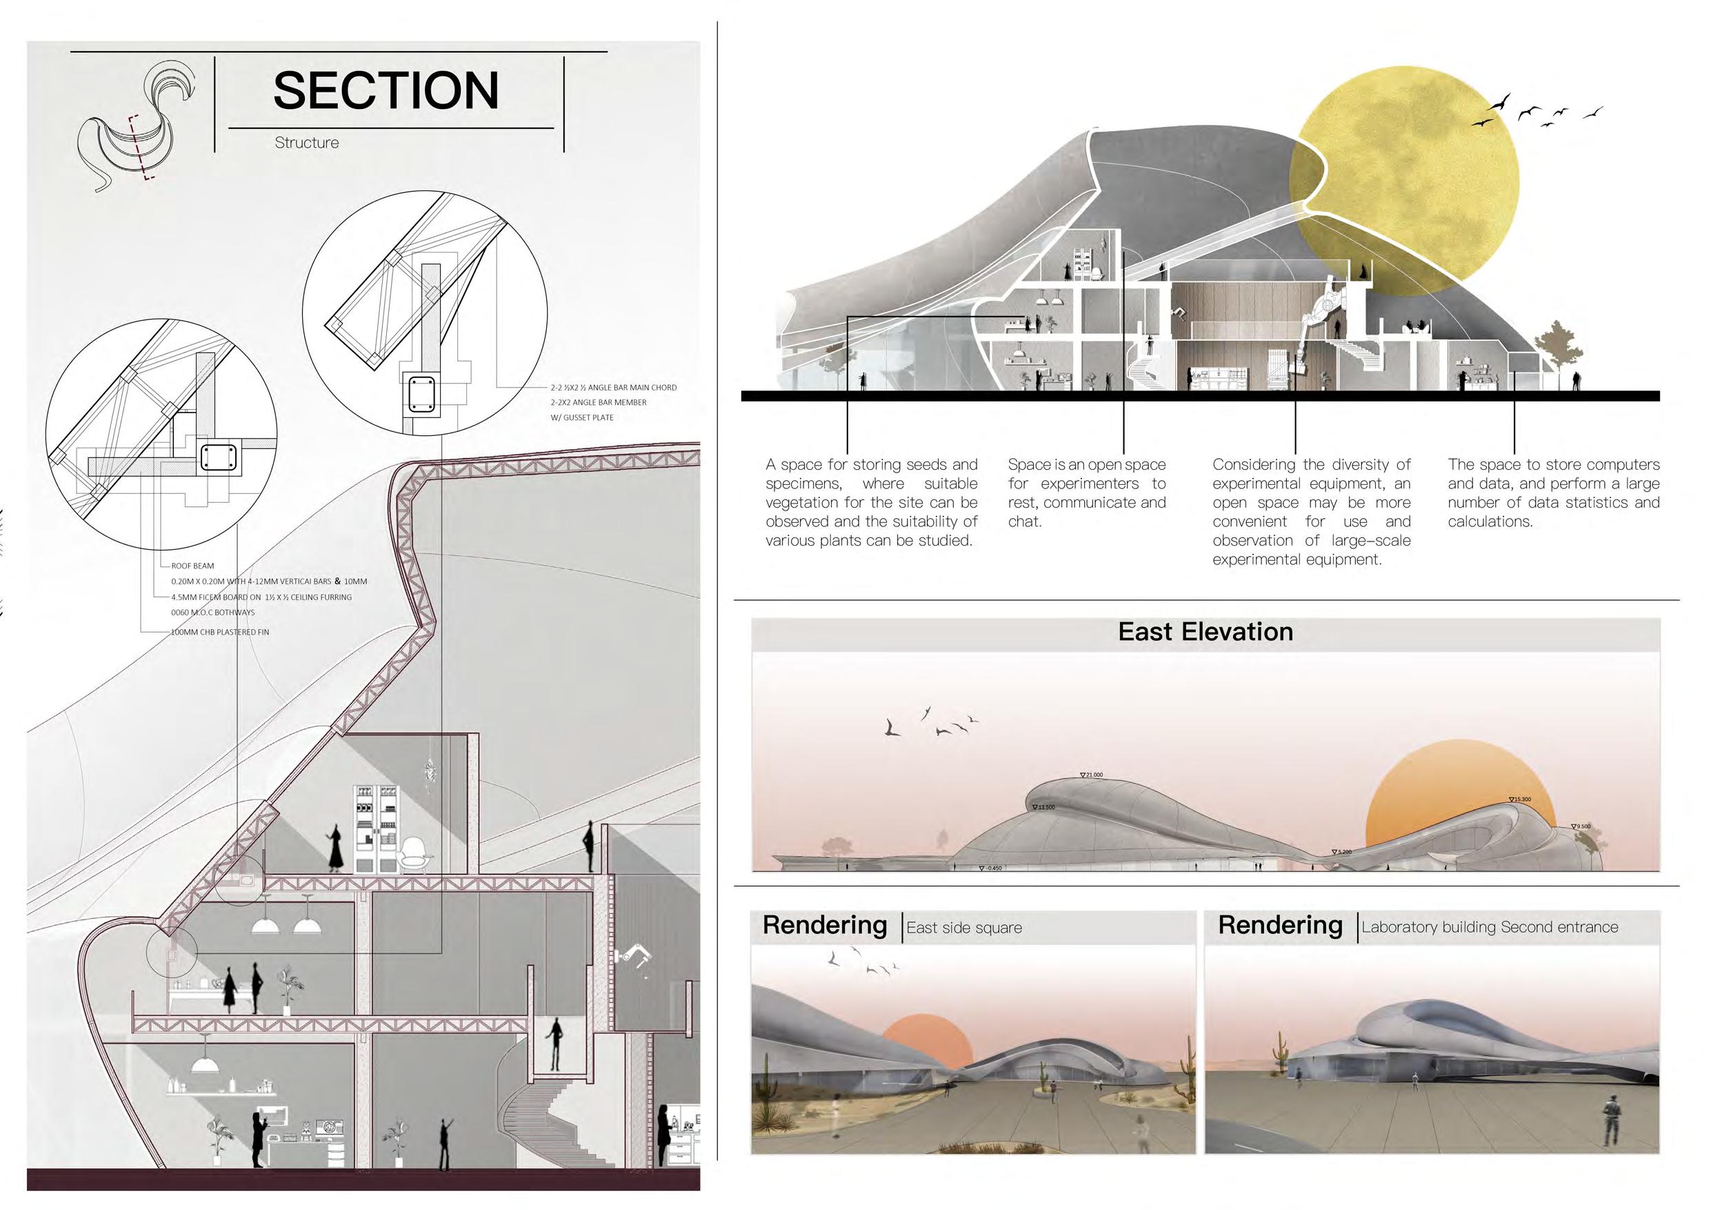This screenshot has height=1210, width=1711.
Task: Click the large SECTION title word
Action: point(386,91)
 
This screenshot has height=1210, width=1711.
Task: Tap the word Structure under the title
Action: point(306,142)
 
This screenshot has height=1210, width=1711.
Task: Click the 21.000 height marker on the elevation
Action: point(1092,775)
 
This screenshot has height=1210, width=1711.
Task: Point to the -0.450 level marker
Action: point(990,868)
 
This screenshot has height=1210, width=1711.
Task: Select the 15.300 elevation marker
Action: point(1520,800)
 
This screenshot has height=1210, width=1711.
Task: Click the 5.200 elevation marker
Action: point(1342,851)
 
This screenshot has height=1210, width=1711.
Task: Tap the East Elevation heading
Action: point(1205,632)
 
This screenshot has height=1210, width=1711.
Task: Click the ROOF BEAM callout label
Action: point(192,566)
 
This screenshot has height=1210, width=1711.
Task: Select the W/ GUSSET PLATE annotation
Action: point(582,417)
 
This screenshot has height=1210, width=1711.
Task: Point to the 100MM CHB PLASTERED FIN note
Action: point(220,632)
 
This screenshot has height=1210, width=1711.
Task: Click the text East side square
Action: point(963,928)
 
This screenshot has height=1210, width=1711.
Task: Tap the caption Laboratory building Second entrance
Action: point(1490,927)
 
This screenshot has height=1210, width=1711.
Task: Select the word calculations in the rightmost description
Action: point(1489,522)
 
